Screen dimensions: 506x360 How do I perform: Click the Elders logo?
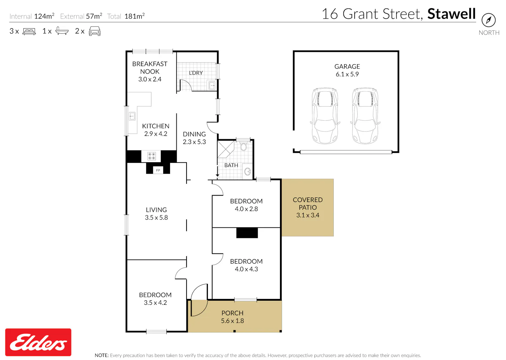pyautogui.click(x=38, y=342)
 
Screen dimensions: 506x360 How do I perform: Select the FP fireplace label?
pyautogui.click(x=158, y=170)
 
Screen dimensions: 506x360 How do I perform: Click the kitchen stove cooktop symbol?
pyautogui.click(x=151, y=156)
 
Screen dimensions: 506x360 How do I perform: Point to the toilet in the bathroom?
pyautogui.click(x=244, y=146)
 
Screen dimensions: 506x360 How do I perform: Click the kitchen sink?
pyautogui.click(x=132, y=116)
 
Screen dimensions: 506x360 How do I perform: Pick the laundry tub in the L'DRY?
pyautogui.click(x=212, y=86)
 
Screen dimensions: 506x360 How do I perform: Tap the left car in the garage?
pyautogui.click(x=325, y=116)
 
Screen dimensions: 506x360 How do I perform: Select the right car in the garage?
pyautogui.click(x=365, y=116)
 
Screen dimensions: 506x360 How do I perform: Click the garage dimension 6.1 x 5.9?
pyautogui.click(x=347, y=74)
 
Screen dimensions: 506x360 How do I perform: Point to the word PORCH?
pyautogui.click(x=232, y=313)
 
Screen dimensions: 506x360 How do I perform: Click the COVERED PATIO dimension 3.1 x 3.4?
pyautogui.click(x=308, y=215)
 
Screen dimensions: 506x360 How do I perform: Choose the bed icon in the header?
pyautogui.click(x=29, y=31)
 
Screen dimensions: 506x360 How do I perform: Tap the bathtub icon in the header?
pyautogui.click(x=62, y=31)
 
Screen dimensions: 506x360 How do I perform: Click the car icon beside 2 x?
pyautogui.click(x=95, y=31)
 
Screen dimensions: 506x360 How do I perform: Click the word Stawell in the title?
pyautogui.click(x=452, y=14)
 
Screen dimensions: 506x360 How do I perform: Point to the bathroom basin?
pyautogui.click(x=248, y=172)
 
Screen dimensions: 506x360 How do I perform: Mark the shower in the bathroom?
pyautogui.click(x=226, y=149)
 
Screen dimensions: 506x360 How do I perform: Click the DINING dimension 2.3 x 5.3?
pyautogui.click(x=194, y=142)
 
